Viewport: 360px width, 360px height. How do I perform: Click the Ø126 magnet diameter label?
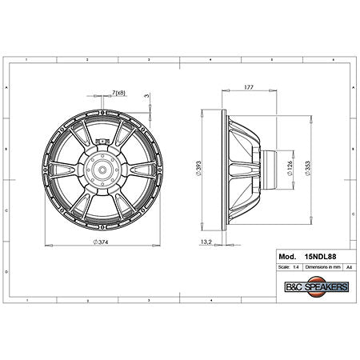tap(291, 168)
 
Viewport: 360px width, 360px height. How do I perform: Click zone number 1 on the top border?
tap(26, 61)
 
